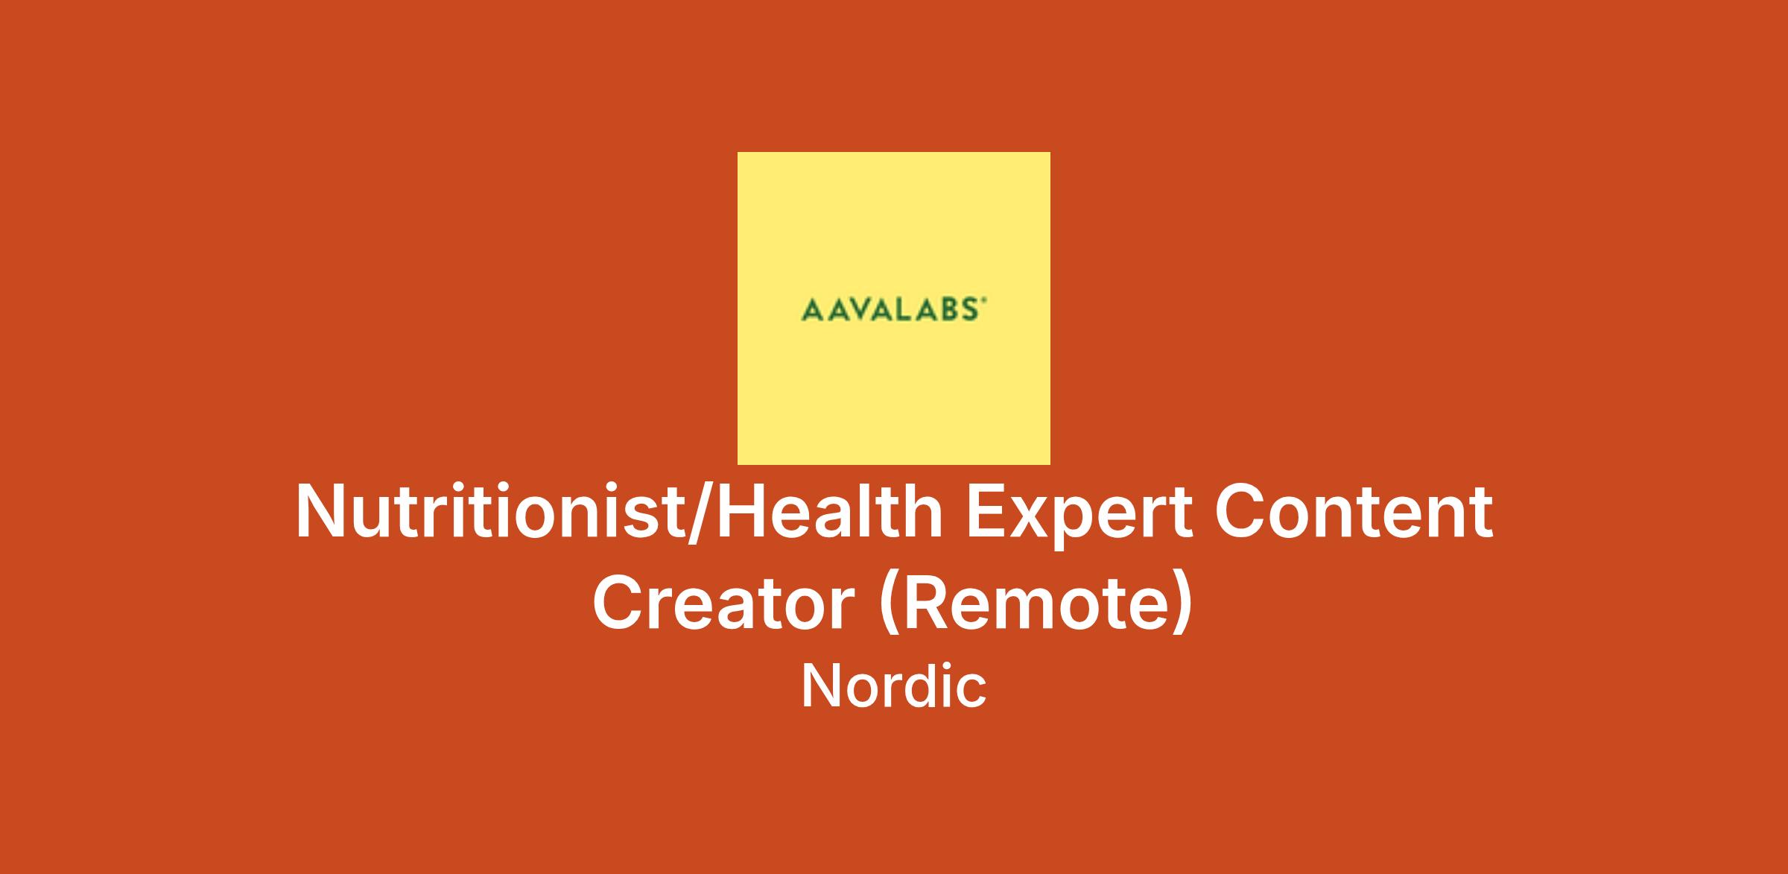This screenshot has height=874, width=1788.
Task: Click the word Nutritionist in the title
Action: (x=489, y=512)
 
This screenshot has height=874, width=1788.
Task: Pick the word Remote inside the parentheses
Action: (x=1033, y=603)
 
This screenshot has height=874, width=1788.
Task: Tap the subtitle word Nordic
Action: (x=894, y=685)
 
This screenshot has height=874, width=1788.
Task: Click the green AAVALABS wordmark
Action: (x=894, y=309)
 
